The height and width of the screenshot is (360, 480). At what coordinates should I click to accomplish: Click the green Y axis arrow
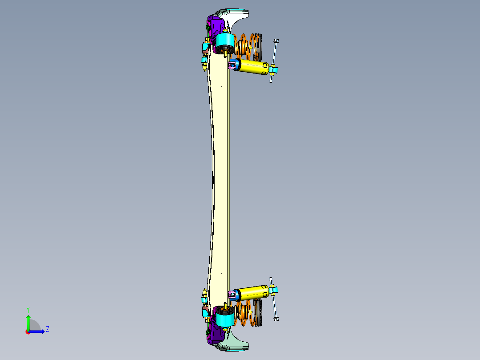(x=28, y=321)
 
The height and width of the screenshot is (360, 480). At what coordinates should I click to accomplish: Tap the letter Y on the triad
(x=28, y=309)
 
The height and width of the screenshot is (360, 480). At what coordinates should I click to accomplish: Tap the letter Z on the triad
(x=47, y=329)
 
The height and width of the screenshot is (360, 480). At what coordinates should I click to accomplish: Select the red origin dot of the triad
(x=28, y=331)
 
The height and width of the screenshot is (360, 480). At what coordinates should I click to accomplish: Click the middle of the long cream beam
(x=220, y=178)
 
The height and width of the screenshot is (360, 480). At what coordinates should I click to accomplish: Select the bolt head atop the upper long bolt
(x=276, y=41)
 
